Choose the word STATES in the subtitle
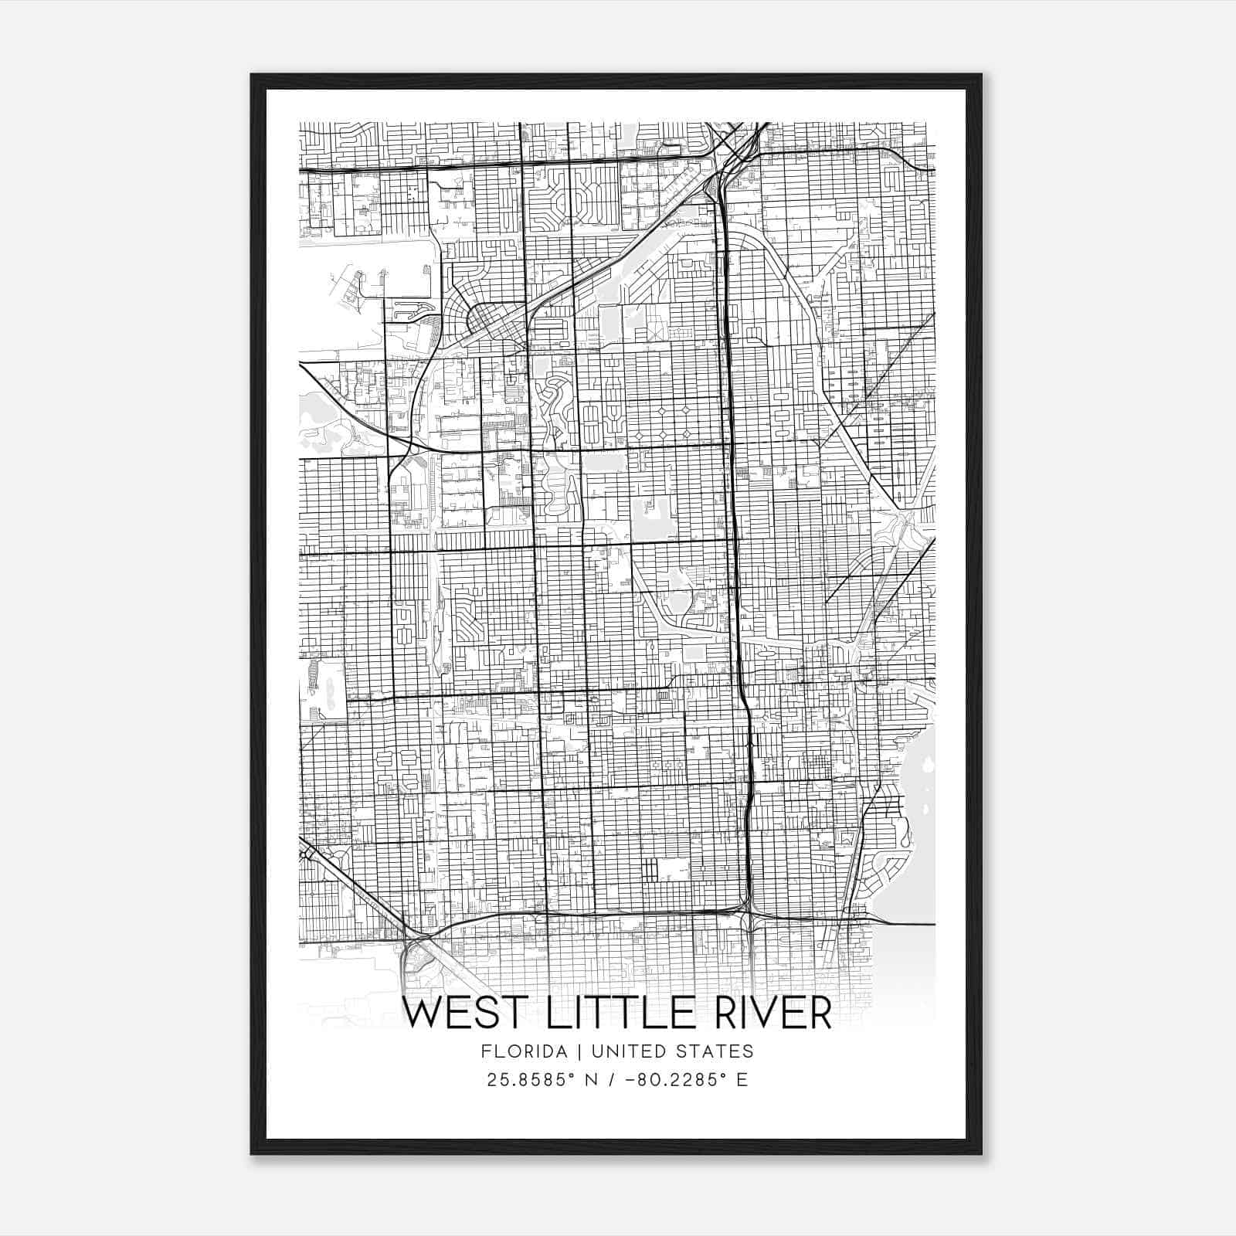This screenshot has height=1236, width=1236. point(718,1051)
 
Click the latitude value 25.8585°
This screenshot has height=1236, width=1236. point(530,1080)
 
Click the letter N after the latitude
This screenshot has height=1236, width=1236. point(593,1080)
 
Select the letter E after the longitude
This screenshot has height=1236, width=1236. point(742,1080)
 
